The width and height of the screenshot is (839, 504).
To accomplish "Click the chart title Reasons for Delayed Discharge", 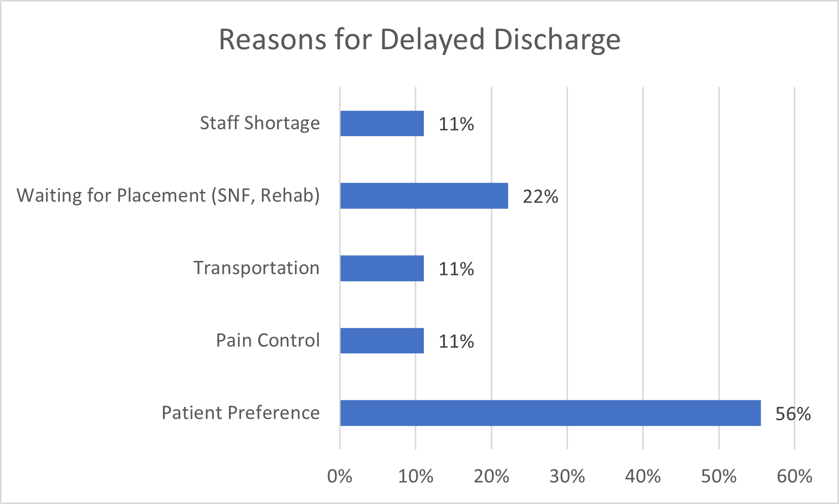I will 419,40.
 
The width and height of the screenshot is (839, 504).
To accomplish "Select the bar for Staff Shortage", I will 382,123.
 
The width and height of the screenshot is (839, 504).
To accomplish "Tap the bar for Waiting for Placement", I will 424,195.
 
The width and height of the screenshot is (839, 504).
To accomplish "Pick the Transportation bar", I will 382,268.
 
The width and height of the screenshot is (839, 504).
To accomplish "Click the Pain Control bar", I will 382,341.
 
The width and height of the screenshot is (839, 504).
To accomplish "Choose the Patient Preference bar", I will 550,413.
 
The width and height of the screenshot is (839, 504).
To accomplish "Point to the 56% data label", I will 793,414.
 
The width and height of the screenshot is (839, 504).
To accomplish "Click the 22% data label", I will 540,196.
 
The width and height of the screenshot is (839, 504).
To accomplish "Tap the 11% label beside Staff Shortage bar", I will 456,124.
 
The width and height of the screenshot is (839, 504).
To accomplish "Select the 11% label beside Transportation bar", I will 456,269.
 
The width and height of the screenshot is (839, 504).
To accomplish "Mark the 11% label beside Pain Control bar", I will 456,342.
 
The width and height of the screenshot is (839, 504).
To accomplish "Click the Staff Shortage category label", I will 260,123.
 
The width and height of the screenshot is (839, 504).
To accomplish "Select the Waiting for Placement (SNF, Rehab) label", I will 169,195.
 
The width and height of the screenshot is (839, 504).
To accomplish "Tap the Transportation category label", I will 256,268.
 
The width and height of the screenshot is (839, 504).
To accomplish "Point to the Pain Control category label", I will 268,341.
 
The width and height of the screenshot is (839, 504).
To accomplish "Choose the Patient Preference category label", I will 241,413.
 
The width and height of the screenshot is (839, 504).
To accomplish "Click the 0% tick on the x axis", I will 340,476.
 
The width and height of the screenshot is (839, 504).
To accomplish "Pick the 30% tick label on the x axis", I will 567,476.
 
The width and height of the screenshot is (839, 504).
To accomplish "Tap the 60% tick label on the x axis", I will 794,476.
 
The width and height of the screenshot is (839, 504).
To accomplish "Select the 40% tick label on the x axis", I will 643,476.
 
